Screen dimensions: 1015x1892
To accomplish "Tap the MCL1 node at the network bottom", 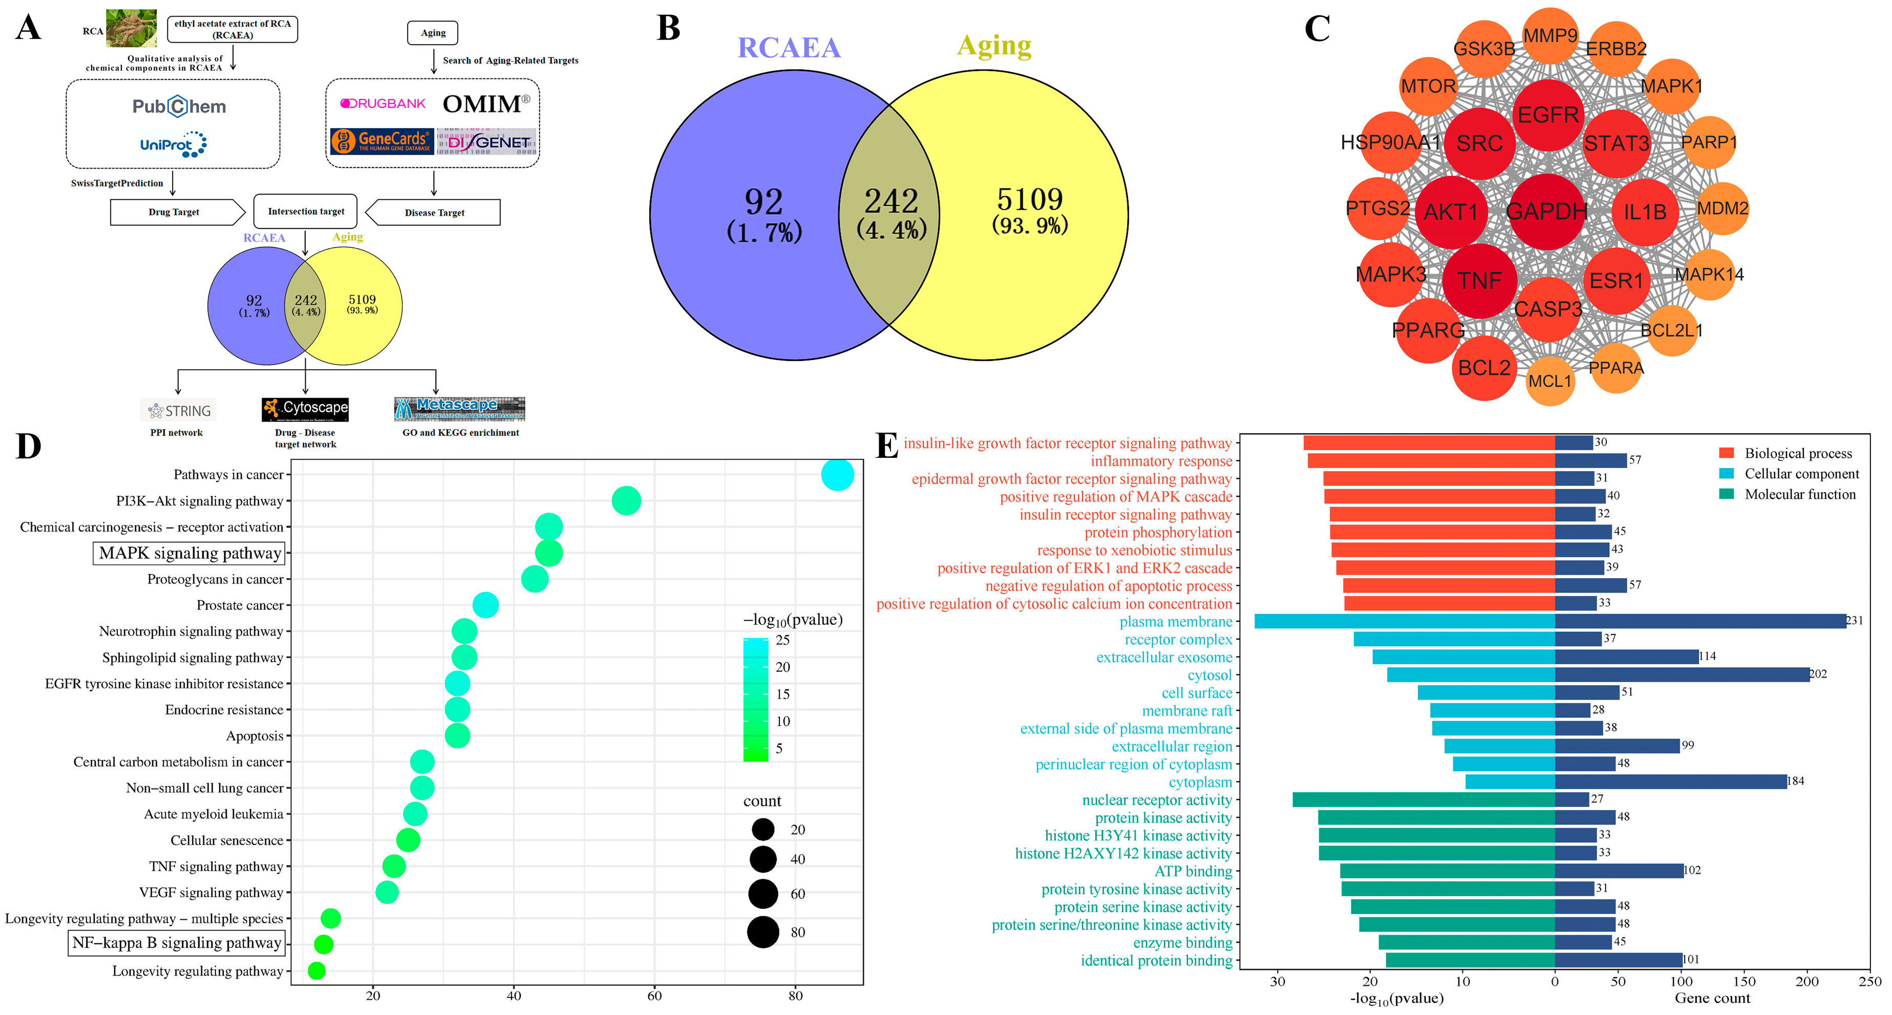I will (1550, 381).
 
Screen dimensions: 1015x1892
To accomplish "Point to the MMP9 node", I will (1550, 35).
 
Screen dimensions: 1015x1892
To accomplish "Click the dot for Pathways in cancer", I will (837, 474).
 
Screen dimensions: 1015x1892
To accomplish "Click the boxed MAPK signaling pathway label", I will (189, 553).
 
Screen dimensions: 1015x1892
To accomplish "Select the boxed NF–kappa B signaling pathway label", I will (176, 943).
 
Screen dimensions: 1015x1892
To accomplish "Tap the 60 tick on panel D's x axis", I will (654, 996).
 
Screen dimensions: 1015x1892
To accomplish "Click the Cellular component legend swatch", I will (1726, 474).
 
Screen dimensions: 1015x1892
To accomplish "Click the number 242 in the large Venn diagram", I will (891, 201).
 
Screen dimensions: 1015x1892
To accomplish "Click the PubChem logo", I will (179, 107).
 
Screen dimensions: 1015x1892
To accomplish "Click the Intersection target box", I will (306, 212).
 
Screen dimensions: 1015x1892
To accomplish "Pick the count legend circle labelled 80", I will (763, 932).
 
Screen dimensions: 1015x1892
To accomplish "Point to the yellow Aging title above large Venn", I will (994, 46).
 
